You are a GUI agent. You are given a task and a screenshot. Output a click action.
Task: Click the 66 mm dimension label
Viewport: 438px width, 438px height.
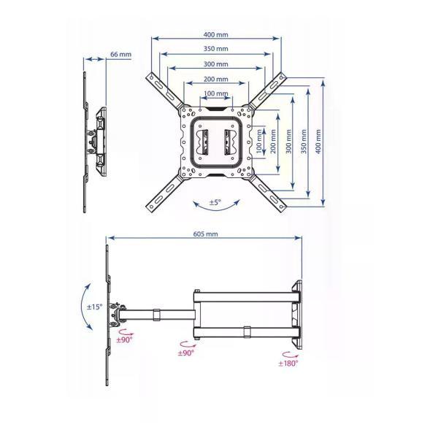(x=120, y=54)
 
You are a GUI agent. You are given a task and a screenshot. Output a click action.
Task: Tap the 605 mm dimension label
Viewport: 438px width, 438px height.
(x=205, y=234)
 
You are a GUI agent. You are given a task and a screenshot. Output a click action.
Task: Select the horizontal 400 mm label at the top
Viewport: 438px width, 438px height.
(x=215, y=34)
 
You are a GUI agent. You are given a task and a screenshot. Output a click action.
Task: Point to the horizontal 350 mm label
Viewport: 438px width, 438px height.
(x=215, y=49)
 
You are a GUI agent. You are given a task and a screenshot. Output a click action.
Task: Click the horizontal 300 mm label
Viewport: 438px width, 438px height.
(x=215, y=64)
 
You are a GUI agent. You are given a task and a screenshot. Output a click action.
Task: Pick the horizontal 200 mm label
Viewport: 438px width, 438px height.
(x=215, y=79)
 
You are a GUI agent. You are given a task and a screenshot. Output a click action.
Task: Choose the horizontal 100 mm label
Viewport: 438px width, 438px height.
(x=215, y=93)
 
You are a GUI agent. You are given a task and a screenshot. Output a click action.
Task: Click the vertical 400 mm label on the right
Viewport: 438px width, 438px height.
(x=318, y=142)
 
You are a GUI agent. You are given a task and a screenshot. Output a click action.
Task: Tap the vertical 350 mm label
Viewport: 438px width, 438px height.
(x=304, y=142)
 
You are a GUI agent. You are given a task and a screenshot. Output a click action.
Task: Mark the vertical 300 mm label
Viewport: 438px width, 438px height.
(x=288, y=142)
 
